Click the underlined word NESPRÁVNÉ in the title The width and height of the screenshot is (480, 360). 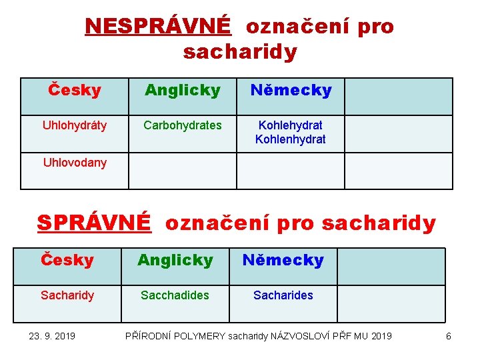[158, 26]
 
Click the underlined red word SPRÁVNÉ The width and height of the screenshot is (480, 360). [94, 223]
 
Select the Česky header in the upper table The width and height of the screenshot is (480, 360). [75, 90]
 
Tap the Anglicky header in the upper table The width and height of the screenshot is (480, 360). [183, 90]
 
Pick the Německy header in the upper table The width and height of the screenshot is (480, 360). [291, 90]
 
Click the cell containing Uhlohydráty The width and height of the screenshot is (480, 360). [75, 125]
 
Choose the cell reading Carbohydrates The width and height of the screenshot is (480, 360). [183, 125]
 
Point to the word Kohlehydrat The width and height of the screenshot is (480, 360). [291, 125]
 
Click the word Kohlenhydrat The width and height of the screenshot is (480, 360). [291, 139]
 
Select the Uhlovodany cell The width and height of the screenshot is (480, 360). [75, 163]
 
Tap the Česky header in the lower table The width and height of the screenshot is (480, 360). [67, 260]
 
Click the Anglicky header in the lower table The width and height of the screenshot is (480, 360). [175, 260]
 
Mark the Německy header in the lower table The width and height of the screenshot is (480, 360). [283, 260]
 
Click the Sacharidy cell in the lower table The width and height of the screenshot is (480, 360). [67, 295]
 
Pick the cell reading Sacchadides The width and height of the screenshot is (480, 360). [175, 295]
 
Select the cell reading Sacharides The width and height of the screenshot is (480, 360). [283, 295]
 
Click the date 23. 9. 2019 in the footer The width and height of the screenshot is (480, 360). [52, 336]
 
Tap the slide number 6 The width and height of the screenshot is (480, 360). [448, 336]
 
